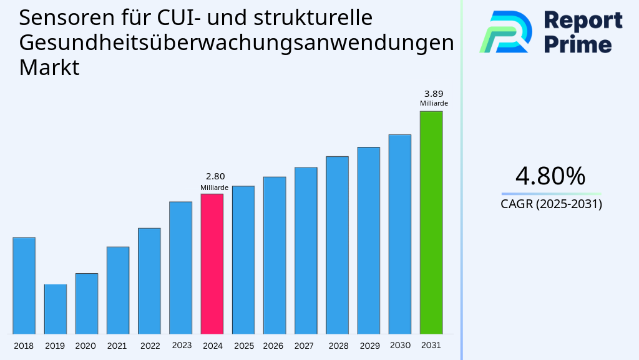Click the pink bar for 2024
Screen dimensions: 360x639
212,264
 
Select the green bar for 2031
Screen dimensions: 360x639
431,222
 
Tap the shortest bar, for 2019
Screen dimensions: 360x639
55,309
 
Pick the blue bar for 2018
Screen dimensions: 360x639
24,286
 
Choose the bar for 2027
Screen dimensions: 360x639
306,251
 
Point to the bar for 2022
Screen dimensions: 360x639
149,281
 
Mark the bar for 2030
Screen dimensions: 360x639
399,234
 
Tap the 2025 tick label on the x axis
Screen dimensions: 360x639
243,346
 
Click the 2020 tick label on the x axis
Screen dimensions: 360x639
85,346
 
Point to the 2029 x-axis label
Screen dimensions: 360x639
369,346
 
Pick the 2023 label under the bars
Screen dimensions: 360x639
182,345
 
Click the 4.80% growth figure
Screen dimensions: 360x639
550,176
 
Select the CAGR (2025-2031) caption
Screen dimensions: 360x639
551,204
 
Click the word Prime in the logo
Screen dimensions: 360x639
578,44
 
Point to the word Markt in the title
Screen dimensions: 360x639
49,67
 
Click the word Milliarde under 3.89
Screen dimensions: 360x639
434,104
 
